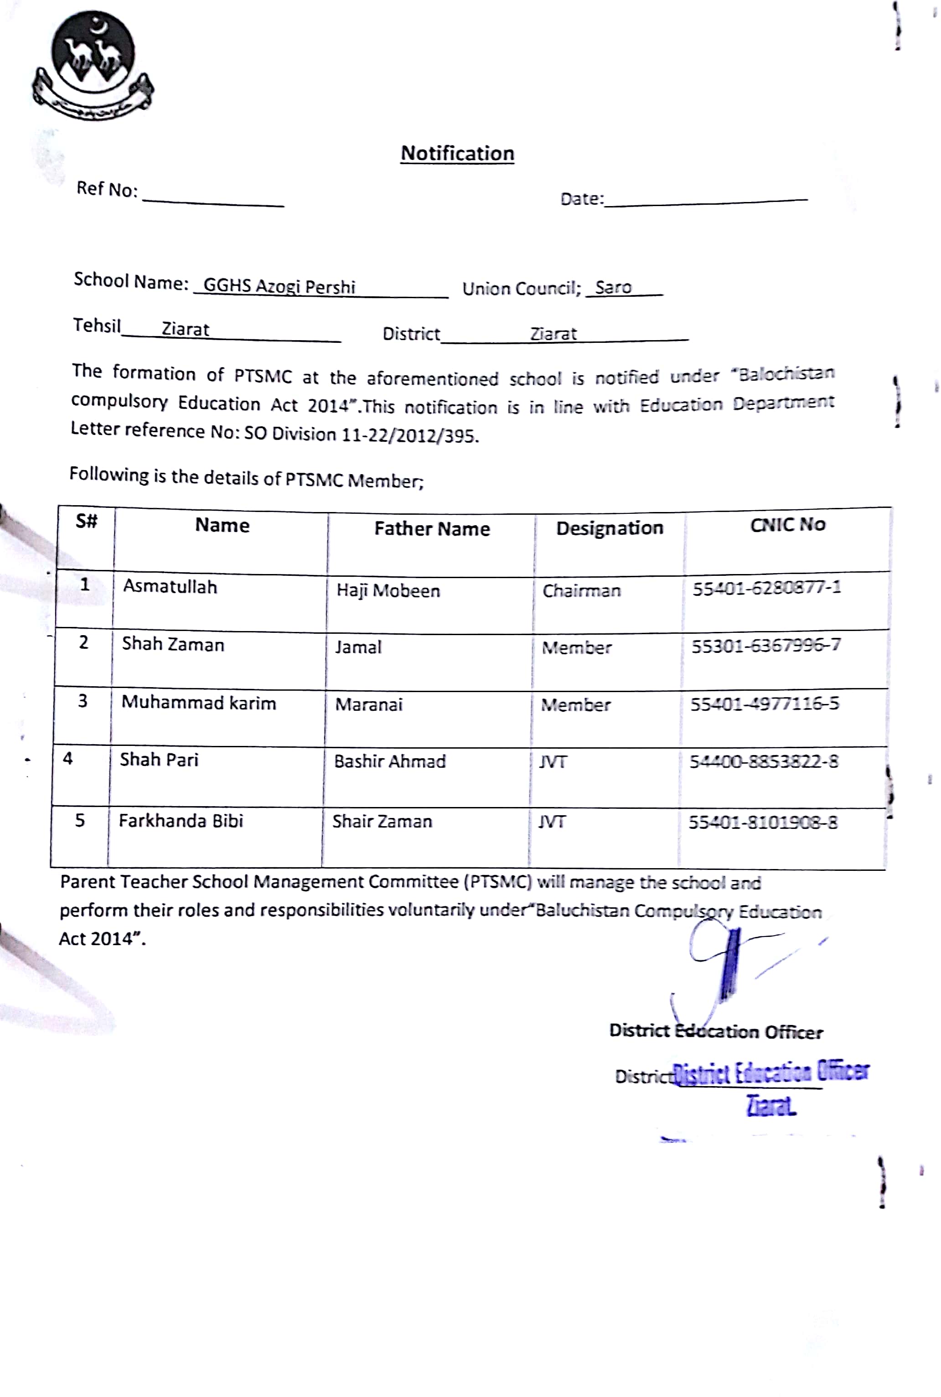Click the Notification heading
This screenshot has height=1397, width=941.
[x=457, y=153]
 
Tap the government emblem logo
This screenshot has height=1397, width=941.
[x=93, y=65]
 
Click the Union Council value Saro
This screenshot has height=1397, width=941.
[x=613, y=287]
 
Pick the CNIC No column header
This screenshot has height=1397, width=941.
[x=787, y=524]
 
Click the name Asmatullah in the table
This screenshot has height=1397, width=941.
[x=170, y=586]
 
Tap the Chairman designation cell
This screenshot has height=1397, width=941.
[x=581, y=591]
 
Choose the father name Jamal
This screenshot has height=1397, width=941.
[x=358, y=647]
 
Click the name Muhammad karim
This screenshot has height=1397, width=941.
[x=199, y=702]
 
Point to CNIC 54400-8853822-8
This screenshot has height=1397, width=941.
[x=763, y=761]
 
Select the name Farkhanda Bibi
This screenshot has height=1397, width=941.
[x=181, y=820]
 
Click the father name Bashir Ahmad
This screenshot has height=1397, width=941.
[x=389, y=761]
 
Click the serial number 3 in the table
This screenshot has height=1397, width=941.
[x=83, y=701]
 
